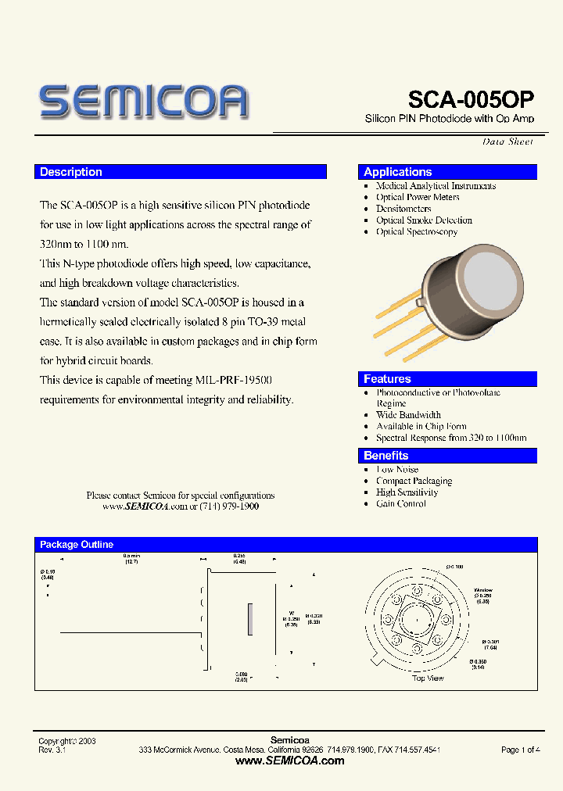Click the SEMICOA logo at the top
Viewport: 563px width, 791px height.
point(144,102)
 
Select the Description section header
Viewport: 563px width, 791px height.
point(71,172)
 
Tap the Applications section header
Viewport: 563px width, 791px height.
point(398,172)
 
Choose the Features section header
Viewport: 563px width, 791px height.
point(387,379)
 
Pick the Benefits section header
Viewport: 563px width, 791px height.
point(386,456)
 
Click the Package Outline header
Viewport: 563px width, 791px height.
point(77,545)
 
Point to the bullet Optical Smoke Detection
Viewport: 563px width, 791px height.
point(424,220)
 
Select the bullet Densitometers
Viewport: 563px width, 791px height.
point(403,209)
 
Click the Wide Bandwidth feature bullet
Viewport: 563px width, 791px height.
point(408,415)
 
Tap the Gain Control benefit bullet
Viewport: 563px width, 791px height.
point(401,504)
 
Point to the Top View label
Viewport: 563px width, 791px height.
point(428,678)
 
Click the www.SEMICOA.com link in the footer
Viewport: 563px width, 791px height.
point(289,761)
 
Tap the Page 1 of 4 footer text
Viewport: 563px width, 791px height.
point(520,750)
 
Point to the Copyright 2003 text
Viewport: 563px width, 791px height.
point(67,740)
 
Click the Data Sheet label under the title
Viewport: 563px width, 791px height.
point(507,141)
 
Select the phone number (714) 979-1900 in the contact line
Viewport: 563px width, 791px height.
point(230,506)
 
